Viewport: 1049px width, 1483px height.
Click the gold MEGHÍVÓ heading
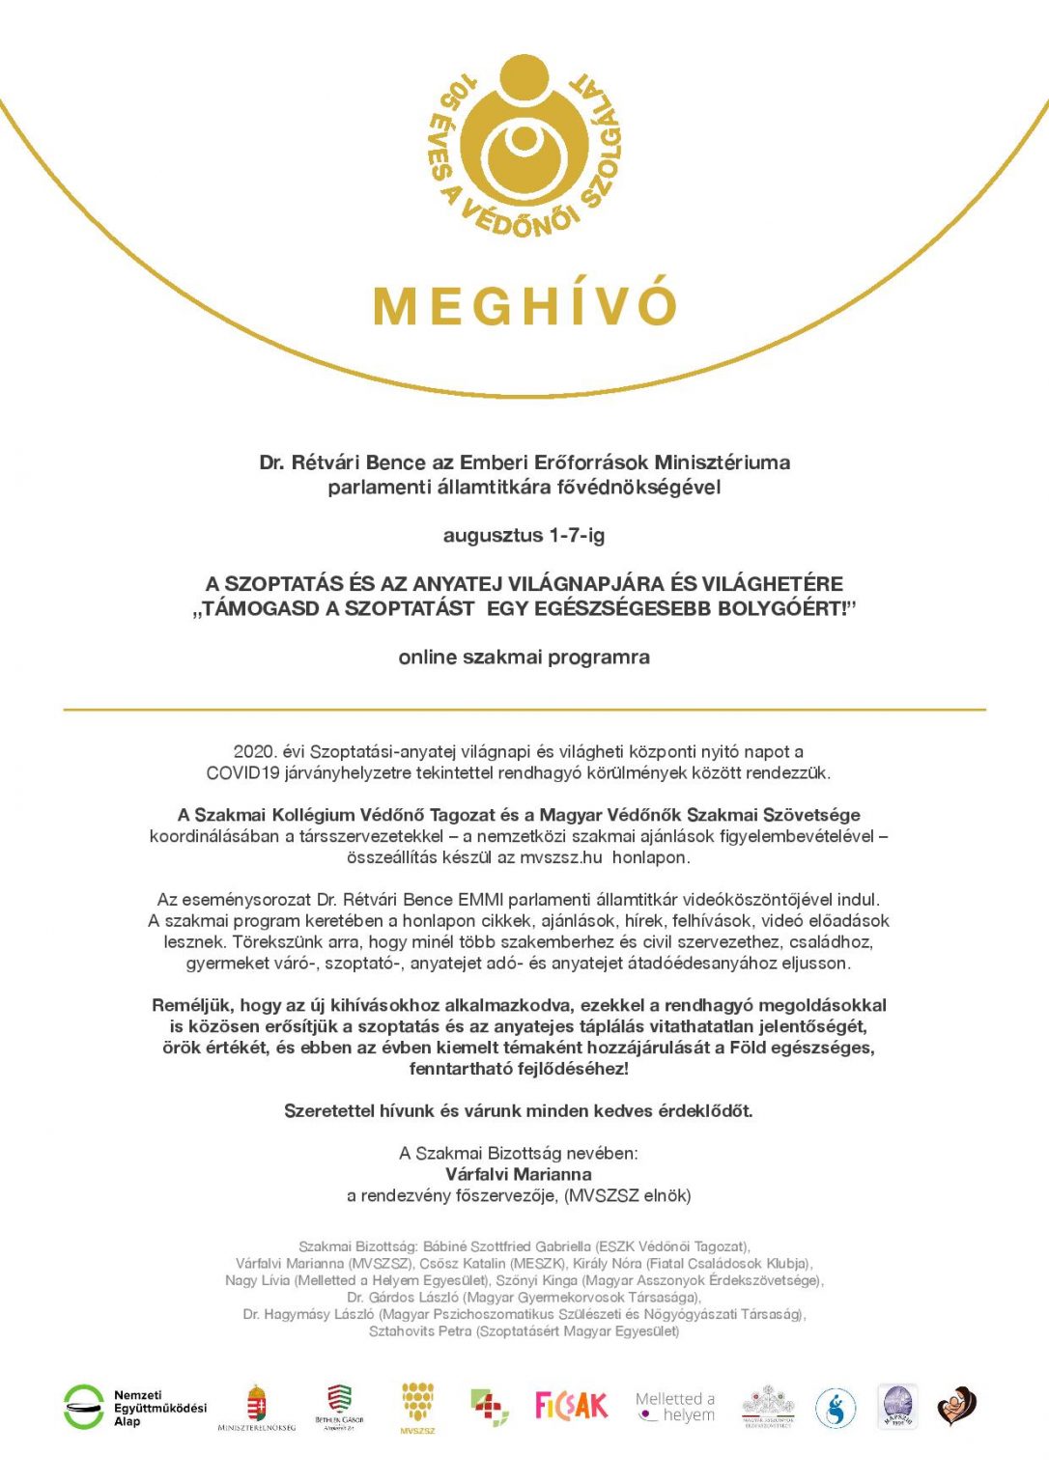pyautogui.click(x=524, y=304)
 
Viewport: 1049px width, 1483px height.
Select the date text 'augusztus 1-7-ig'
pyautogui.click(x=524, y=535)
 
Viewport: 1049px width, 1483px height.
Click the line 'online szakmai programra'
pyautogui.click(x=524, y=658)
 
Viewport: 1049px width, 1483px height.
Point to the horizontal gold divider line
pyautogui.click(x=524, y=710)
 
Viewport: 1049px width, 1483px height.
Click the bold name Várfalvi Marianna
pyautogui.click(x=519, y=1174)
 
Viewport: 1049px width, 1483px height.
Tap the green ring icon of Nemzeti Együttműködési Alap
pyautogui.click(x=84, y=1407)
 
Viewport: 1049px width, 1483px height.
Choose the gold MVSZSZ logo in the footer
pyautogui.click(x=417, y=1406)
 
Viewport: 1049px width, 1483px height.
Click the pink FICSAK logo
pyautogui.click(x=572, y=1406)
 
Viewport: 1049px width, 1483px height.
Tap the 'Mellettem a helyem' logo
pyautogui.click(x=675, y=1407)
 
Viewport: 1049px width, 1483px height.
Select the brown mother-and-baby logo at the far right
pyautogui.click(x=956, y=1406)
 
